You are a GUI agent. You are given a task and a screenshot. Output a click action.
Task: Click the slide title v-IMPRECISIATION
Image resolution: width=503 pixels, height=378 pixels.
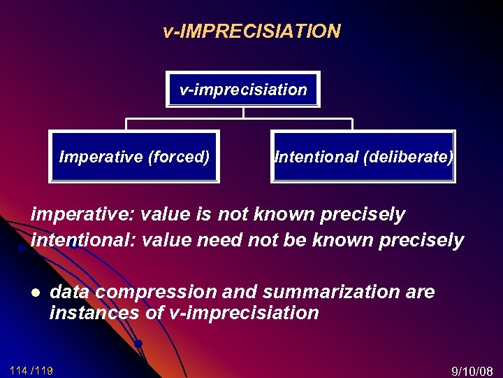coord(251,31)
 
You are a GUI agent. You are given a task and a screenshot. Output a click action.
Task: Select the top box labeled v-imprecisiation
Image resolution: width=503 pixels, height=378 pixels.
coord(242,90)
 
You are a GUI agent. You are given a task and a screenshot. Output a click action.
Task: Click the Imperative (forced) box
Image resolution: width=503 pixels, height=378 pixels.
coord(134,157)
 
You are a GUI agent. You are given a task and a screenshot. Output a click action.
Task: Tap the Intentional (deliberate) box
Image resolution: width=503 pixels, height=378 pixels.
coord(363,157)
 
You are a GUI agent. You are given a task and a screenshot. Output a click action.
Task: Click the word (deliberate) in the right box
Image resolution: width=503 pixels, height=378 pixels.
coord(408,157)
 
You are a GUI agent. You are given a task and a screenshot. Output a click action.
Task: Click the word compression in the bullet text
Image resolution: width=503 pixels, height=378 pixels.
coord(149,291)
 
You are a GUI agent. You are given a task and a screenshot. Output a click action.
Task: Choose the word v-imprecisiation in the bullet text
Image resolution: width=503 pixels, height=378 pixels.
coord(245,313)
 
